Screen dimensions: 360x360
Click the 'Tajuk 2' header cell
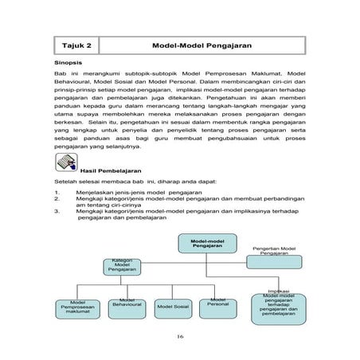click(x=76, y=45)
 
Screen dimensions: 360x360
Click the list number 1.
click(x=57, y=193)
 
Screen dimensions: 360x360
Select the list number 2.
click(x=57, y=199)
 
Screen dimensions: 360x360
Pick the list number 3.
click(x=57, y=212)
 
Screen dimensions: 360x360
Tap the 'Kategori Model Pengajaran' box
click(x=123, y=265)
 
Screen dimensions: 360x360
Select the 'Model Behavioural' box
click(x=127, y=303)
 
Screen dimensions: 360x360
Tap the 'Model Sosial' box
click(x=173, y=305)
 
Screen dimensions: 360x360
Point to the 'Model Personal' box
click(x=218, y=303)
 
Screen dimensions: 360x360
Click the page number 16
click(x=181, y=337)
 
